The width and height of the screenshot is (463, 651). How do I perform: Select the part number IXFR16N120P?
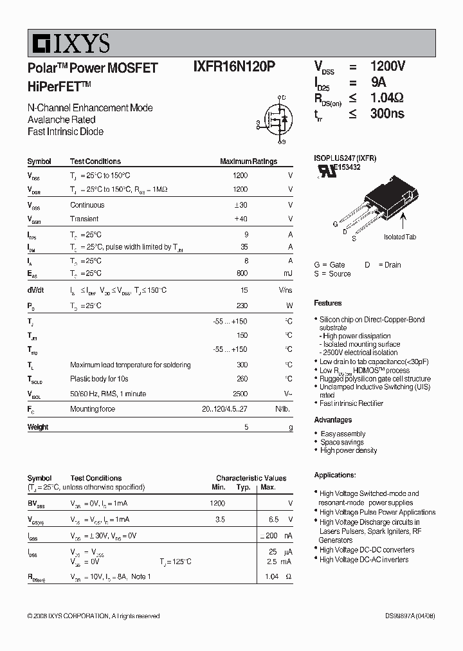235,67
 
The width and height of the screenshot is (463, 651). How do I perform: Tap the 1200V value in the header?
387,66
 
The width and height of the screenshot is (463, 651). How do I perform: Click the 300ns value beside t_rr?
387,114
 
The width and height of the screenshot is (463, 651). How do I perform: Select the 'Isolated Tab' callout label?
399,237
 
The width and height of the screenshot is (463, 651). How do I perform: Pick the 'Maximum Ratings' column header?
248,161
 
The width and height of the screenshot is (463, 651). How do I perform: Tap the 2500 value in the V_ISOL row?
239,394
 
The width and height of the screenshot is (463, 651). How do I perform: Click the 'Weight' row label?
38,427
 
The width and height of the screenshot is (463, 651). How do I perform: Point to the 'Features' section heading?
328,303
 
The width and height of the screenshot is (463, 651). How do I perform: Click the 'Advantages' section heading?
332,420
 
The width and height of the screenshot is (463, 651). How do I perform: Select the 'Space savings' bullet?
342,442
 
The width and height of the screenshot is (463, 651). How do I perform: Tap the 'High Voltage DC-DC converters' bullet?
367,550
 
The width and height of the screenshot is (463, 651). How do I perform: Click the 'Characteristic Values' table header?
251,479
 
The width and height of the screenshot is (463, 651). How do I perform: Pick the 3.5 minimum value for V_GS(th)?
219,519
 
